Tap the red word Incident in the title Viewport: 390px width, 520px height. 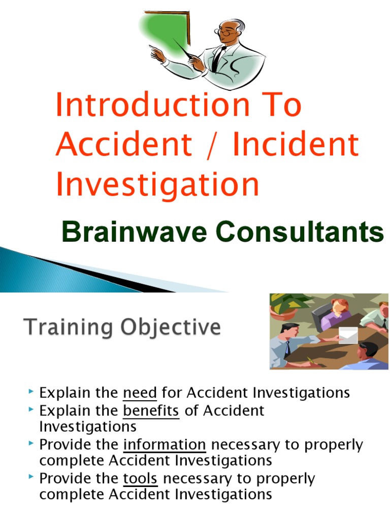[296, 144]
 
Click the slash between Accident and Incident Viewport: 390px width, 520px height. [212, 144]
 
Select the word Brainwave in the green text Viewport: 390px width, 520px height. [129, 233]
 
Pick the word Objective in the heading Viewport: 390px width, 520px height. [172, 328]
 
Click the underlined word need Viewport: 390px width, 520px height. [140, 393]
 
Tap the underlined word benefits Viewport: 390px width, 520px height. [151, 410]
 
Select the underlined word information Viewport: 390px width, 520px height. [165, 445]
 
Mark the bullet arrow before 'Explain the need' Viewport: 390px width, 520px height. [32, 392]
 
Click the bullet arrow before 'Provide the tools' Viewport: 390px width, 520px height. [32, 478]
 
